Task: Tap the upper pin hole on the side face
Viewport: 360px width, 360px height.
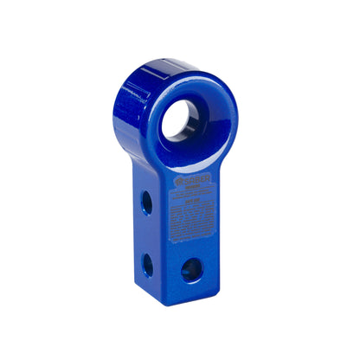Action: click(147, 202)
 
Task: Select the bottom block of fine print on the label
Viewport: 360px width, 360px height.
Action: click(196, 231)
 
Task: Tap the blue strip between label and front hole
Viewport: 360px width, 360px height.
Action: click(191, 248)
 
